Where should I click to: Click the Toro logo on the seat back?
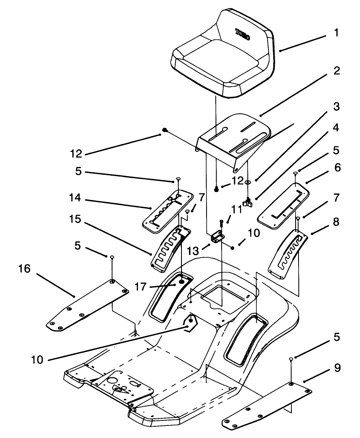coord(243,34)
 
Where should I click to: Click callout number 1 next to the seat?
coord(337,33)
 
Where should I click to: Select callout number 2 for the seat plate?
coord(337,71)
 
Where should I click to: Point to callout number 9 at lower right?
coord(337,368)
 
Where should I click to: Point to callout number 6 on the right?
coord(337,168)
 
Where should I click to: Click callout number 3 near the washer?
coord(337,106)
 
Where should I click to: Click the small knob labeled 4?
coord(249,204)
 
